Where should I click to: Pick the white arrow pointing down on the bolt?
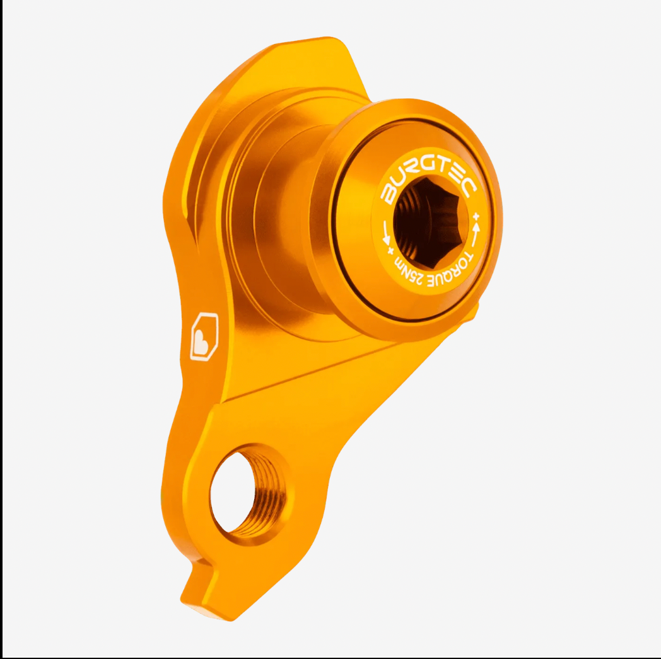point(385,233)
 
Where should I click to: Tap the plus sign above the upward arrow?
point(476,217)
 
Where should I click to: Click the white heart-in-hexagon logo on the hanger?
point(204,336)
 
